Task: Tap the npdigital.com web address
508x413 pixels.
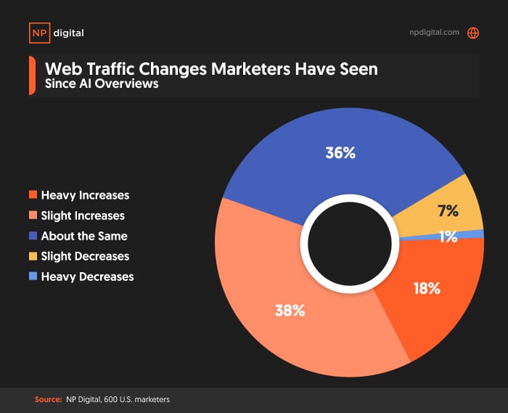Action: point(434,33)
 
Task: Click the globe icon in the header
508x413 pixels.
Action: point(473,33)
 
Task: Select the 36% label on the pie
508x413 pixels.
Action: point(340,153)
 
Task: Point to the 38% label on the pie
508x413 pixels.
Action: point(290,310)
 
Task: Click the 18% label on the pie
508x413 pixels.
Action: point(426,288)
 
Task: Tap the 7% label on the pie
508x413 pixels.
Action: point(448,211)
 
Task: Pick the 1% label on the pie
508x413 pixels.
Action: point(448,237)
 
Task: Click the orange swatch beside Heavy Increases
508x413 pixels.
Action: point(33,195)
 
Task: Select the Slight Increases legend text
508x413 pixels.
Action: point(83,216)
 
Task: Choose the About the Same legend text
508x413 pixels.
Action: point(84,236)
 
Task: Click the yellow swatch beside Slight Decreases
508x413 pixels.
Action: point(33,256)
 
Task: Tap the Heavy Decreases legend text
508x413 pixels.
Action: point(87,277)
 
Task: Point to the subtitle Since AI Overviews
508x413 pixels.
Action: point(102,84)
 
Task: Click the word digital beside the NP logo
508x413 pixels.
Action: point(68,33)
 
